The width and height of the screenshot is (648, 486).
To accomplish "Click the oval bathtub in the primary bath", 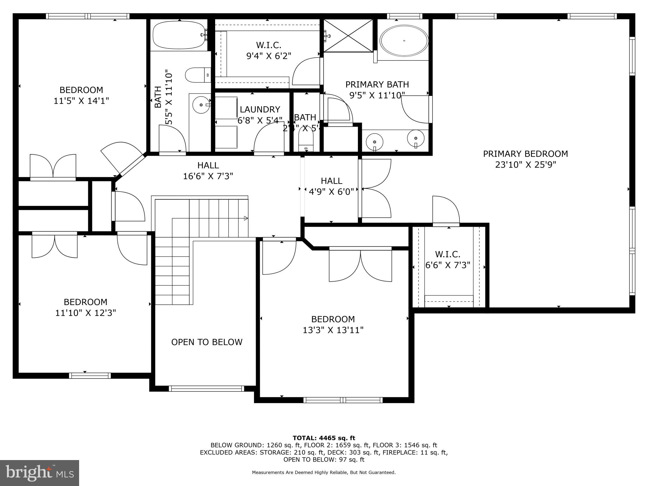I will point(404,41).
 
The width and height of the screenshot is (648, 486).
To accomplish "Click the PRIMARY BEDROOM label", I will point(525,154).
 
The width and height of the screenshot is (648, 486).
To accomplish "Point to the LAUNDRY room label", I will point(260,109).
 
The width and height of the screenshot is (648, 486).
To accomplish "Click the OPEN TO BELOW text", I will point(207,342).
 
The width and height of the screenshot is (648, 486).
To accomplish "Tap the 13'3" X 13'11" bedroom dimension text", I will point(333,330).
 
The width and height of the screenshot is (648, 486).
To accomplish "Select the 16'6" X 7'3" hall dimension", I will point(208,176).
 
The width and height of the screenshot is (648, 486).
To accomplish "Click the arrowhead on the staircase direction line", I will point(246,218).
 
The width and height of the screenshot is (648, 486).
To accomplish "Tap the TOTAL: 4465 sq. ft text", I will point(324,438).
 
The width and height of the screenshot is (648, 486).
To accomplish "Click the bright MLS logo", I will point(39,473).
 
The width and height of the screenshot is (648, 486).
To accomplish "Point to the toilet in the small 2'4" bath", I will point(306,142).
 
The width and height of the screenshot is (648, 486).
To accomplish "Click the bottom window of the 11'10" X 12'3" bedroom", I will point(90,376).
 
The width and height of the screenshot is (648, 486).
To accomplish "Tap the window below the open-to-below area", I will point(206,389).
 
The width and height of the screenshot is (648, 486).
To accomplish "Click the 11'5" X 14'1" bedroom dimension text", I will point(81,101).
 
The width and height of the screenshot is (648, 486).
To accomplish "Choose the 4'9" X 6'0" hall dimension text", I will point(331,192).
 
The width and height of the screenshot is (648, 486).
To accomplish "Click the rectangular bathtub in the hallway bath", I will point(179,35).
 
